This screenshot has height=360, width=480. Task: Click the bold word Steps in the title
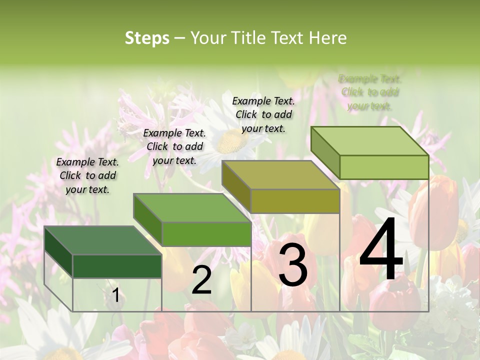(147, 38)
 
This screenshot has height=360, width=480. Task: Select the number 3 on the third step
(292, 265)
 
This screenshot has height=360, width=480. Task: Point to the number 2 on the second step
(201, 280)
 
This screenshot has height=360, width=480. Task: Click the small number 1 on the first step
(115, 295)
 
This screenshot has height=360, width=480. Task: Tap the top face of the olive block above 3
(280, 175)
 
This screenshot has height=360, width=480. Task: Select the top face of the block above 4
(369, 141)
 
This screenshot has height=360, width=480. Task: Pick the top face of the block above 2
(191, 207)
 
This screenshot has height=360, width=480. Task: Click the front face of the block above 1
(117, 266)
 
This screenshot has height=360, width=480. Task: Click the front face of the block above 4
(384, 167)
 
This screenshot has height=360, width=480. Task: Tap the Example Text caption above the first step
(87, 175)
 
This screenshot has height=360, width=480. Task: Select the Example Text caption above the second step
(174, 146)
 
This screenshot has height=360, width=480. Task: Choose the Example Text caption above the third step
(263, 114)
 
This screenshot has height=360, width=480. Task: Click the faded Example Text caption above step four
(370, 92)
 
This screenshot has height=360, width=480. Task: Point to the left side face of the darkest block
(58, 252)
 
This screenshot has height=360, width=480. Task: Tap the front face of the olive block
(295, 201)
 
